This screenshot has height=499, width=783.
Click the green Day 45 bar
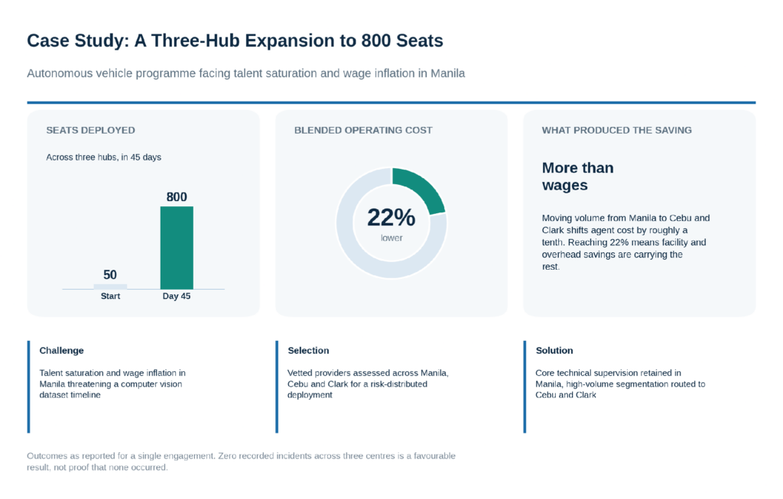(x=177, y=248)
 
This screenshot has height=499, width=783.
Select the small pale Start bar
(x=110, y=287)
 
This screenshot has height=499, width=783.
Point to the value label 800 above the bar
(x=177, y=197)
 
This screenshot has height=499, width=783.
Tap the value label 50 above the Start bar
(x=110, y=275)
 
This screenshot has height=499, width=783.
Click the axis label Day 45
(x=177, y=296)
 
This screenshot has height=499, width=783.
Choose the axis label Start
(x=110, y=296)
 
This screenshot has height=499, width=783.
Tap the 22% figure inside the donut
(x=391, y=218)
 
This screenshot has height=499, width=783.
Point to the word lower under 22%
(x=391, y=238)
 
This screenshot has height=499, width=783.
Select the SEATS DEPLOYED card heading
(x=90, y=130)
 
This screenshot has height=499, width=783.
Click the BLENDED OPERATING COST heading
(x=363, y=130)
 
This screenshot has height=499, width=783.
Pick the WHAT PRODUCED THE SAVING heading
(x=617, y=130)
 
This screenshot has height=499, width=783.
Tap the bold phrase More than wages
(x=578, y=177)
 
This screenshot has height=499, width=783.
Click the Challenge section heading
(x=61, y=350)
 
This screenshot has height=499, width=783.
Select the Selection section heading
(x=308, y=350)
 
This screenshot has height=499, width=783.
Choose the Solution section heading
(x=554, y=350)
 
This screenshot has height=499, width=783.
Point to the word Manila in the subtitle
(x=447, y=73)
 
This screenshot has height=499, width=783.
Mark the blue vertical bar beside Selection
(x=277, y=387)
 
